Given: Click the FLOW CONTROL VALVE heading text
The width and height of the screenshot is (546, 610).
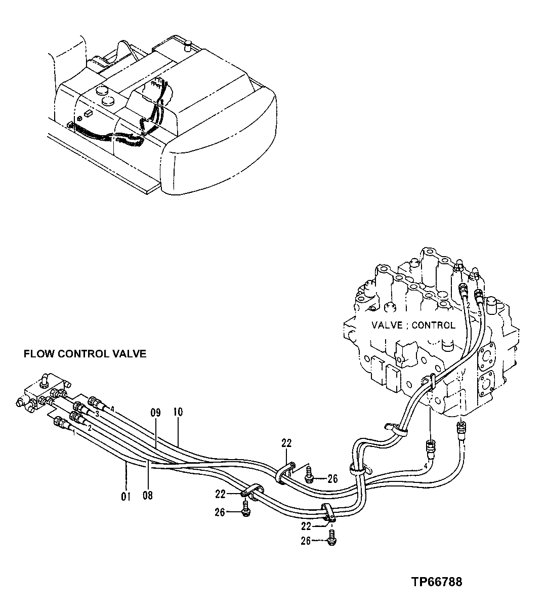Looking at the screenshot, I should (85, 354).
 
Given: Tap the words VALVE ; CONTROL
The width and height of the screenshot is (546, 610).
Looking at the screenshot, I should (413, 325).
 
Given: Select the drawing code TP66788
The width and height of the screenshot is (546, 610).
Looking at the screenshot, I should (436, 582).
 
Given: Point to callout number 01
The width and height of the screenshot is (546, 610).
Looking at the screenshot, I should (125, 497).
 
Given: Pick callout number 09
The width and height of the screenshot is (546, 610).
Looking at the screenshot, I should (155, 413).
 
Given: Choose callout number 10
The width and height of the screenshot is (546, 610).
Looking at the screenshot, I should (178, 413).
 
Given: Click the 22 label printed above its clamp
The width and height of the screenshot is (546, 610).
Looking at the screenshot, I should (287, 443).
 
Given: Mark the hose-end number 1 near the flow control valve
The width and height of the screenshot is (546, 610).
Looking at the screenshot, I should (74, 433).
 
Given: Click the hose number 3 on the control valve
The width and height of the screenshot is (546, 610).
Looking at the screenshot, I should (479, 314).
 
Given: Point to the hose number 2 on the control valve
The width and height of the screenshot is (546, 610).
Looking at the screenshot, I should (469, 306).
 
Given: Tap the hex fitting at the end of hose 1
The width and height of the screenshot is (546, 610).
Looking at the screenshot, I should (61, 423).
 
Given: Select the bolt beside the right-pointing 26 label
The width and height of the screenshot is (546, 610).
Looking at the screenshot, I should (310, 474).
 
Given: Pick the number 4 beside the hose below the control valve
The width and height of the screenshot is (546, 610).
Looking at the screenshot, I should (426, 465).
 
